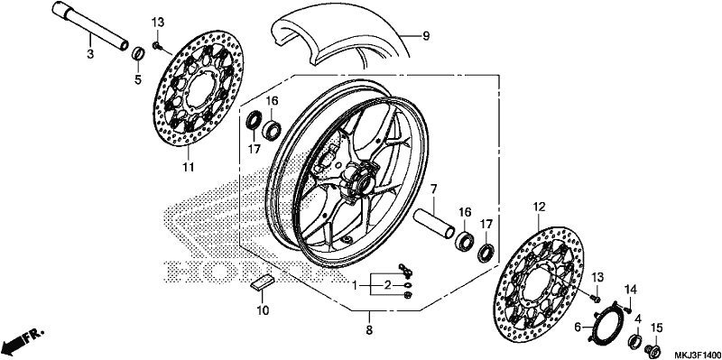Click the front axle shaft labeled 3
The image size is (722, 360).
(x=89, y=26)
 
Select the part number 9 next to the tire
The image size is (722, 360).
(x=426, y=35)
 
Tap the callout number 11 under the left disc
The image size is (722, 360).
(x=188, y=167)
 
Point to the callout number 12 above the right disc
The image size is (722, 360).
(x=539, y=208)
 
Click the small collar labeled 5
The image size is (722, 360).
(x=137, y=53)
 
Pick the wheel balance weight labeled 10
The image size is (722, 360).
(x=262, y=282)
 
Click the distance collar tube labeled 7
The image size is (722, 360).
(x=434, y=224)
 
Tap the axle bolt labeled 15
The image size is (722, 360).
(x=653, y=349)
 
